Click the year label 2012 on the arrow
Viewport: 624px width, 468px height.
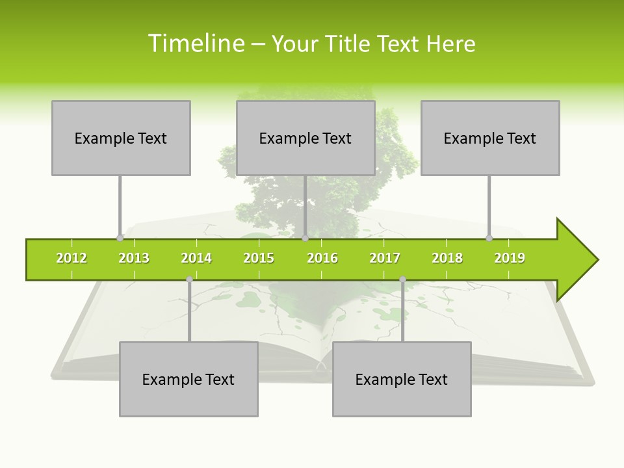pos(71,258)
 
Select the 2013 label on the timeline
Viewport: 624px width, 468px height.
pos(134,258)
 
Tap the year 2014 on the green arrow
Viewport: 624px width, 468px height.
pos(196,258)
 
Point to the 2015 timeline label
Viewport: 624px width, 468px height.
pos(259,258)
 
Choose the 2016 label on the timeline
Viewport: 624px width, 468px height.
pos(322,258)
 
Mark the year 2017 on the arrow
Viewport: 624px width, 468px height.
pos(385,258)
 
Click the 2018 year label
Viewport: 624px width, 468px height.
pos(447,258)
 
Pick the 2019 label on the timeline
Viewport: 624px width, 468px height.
pos(510,258)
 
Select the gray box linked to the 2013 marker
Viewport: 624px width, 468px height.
pos(121,138)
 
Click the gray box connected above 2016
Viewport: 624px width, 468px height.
pos(305,138)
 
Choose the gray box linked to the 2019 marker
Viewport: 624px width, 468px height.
pos(490,138)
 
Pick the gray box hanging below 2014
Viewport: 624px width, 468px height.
pos(188,379)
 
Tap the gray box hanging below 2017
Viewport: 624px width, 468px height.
pos(402,379)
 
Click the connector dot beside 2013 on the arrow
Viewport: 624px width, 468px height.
pos(120,238)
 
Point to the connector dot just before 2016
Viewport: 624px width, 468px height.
pos(305,238)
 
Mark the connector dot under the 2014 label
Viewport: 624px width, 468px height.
pos(189,279)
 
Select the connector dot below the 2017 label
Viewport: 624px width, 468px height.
pos(402,279)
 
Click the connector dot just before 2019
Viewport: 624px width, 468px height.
pos(489,238)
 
